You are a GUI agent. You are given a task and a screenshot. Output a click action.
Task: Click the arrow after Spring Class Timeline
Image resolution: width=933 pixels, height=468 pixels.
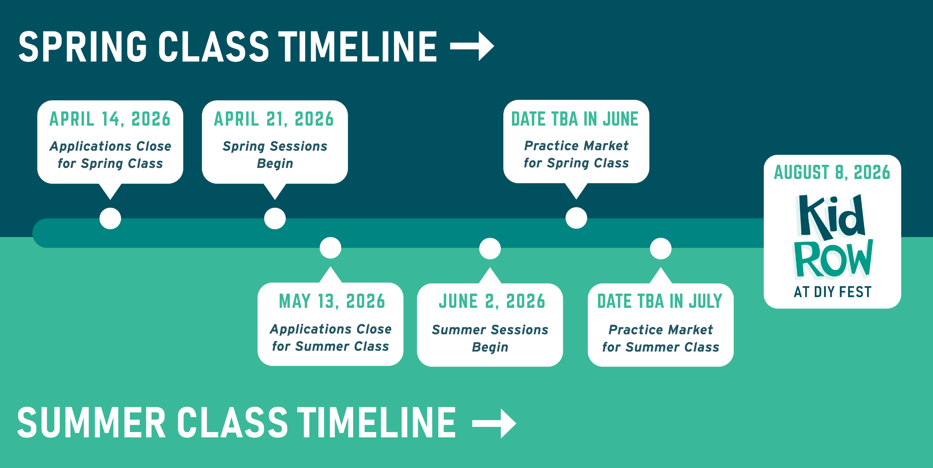472,46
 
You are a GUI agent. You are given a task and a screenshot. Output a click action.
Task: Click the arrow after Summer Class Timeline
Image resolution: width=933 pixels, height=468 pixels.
494,424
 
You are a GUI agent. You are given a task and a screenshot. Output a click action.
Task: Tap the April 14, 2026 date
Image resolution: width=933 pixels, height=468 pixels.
110,119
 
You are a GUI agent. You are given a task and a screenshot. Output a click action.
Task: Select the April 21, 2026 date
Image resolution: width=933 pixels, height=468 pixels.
274,119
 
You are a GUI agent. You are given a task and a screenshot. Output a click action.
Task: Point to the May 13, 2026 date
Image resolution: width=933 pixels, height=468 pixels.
332,301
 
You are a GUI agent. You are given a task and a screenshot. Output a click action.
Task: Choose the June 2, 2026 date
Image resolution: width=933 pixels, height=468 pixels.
492,301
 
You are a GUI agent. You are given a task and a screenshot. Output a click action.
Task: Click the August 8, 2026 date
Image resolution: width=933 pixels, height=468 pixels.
832,172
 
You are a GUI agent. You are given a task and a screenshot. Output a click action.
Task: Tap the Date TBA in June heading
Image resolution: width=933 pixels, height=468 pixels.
575,119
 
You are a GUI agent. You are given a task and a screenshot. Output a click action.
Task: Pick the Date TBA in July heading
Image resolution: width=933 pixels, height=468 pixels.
660,301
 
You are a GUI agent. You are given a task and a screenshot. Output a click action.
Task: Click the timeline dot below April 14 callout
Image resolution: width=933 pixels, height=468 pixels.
110,219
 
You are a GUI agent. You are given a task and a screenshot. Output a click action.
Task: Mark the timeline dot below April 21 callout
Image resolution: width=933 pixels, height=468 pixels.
275,219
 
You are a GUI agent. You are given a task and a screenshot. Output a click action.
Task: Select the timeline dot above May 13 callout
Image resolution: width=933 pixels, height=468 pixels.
330,248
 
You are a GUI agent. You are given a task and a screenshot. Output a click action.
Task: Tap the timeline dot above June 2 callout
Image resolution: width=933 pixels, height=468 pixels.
490,249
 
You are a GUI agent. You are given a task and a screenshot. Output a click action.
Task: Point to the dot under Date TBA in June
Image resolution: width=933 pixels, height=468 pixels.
576,218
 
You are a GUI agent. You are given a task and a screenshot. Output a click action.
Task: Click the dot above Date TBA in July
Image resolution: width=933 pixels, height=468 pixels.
660,249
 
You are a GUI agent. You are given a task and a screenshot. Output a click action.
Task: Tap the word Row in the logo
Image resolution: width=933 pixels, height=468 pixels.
833,259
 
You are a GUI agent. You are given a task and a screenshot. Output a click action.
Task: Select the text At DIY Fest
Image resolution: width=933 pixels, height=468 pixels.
832,292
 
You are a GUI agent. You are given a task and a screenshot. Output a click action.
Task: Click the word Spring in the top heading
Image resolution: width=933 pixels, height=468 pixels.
83,47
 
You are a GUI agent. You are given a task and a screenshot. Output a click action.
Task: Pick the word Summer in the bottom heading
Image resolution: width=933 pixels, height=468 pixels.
91,422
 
